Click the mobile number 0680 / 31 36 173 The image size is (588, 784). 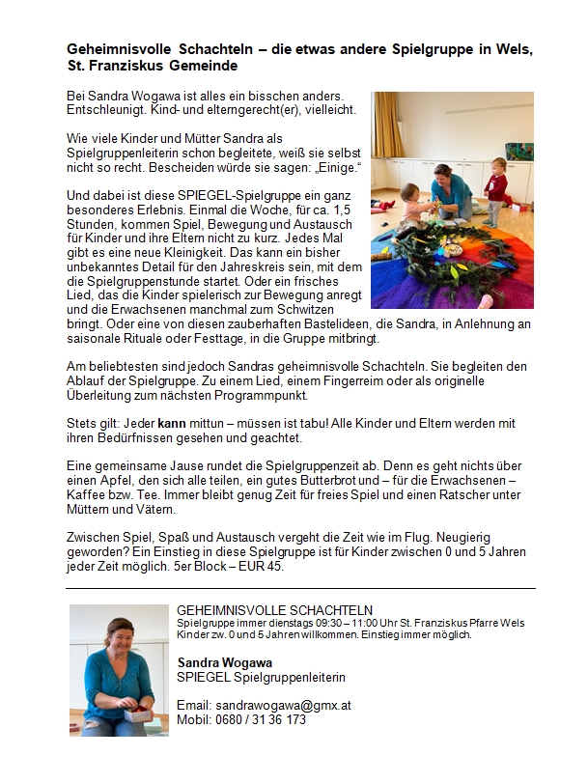pyautogui.click(x=260, y=719)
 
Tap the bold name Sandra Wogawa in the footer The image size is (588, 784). pyautogui.click(x=225, y=662)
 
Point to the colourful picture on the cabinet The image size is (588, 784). pyautogui.click(x=518, y=152)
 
